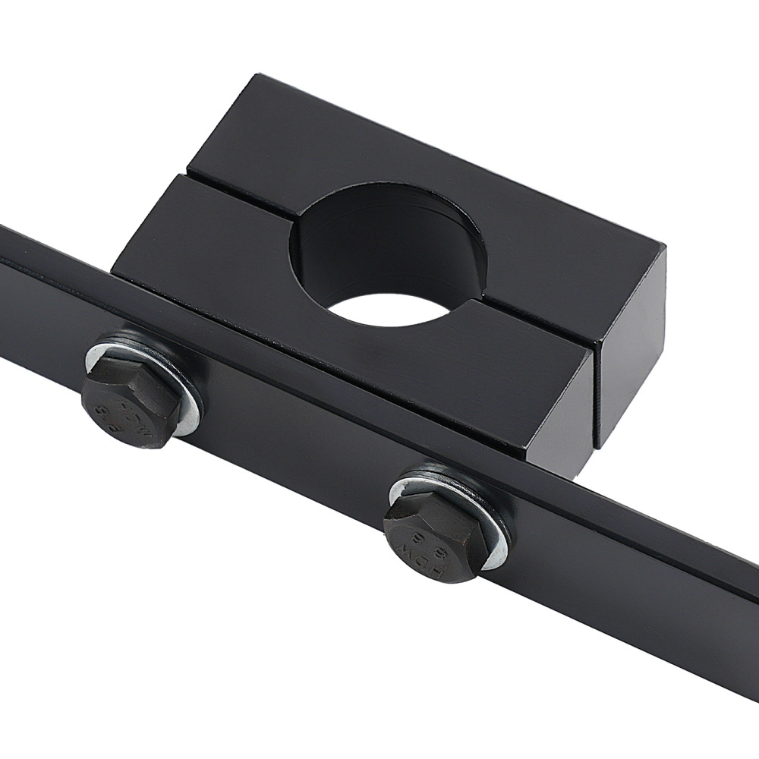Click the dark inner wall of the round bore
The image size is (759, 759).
click(379, 243)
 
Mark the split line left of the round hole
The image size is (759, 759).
click(235, 199)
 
